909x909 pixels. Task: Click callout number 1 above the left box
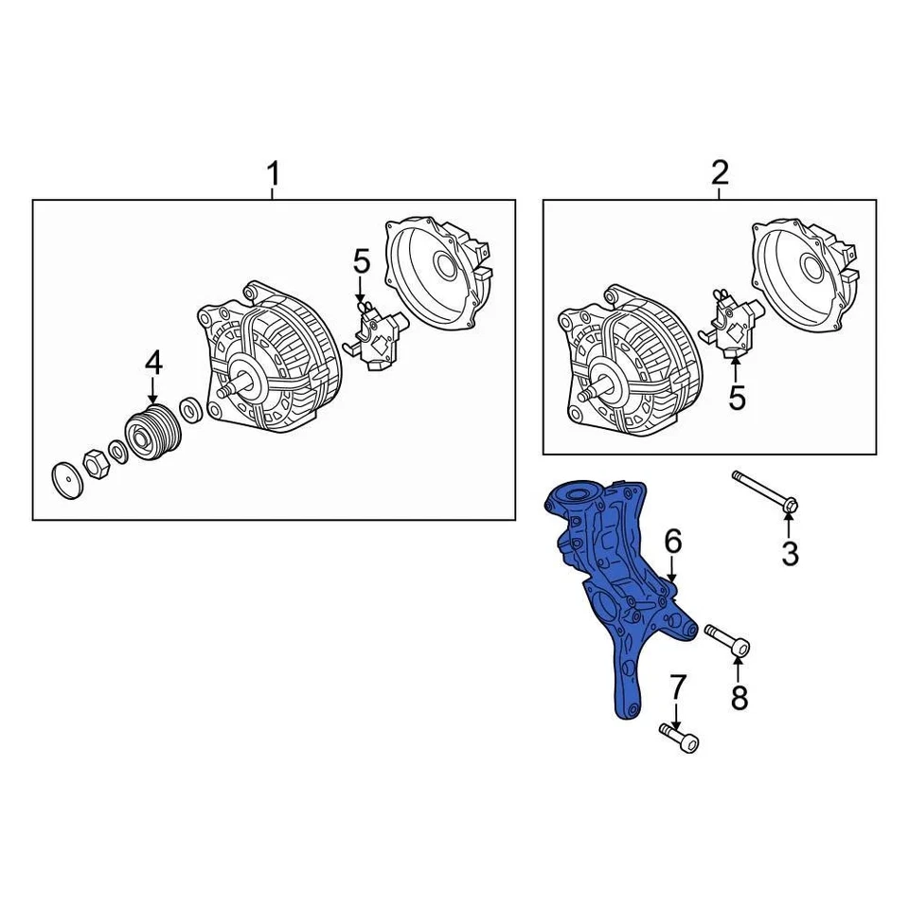coord(273,175)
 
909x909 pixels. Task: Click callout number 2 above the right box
coord(720,173)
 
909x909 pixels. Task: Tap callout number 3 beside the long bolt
coord(790,553)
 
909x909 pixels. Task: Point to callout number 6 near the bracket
coord(672,542)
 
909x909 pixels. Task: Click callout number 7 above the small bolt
coord(677,688)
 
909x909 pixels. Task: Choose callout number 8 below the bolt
coord(740,698)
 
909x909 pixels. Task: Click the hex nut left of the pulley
coord(96,462)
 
